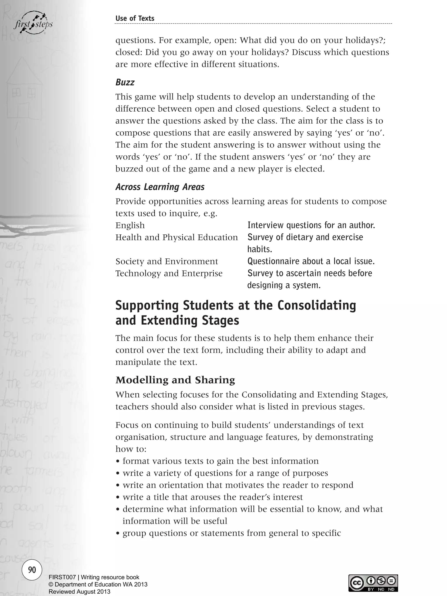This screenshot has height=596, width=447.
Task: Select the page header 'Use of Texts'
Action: [x=135, y=18]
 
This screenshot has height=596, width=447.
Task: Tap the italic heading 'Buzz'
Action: [x=125, y=82]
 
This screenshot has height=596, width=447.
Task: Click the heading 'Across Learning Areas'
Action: [x=160, y=187]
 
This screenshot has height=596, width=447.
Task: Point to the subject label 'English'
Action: [x=130, y=225]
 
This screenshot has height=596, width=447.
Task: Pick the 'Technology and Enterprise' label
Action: [x=169, y=273]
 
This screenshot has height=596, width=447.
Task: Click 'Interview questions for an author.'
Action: [x=311, y=225]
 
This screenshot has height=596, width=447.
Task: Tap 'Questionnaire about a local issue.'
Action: [x=311, y=261]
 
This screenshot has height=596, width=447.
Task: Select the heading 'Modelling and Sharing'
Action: [x=175, y=380]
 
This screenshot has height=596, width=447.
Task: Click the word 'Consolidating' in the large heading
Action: [x=317, y=305]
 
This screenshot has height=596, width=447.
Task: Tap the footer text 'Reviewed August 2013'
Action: [x=79, y=592]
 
